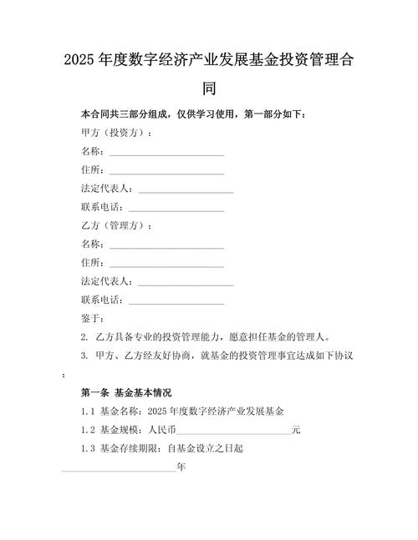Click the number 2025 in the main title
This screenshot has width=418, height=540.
click(80, 62)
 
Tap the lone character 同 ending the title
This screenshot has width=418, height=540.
click(209, 87)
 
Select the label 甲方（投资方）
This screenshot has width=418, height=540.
click(117, 133)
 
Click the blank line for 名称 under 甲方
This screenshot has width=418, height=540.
click(166, 152)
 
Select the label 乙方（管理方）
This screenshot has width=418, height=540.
click(117, 225)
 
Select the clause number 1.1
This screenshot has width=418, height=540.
click(89, 411)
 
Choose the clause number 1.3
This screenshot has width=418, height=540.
click(89, 448)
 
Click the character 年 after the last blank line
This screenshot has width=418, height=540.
click(181, 467)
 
